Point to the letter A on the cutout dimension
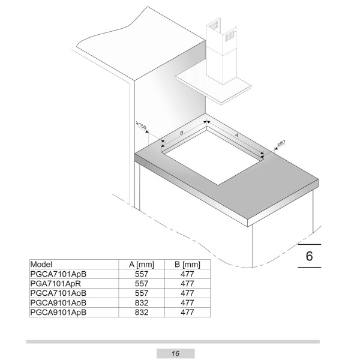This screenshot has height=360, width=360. point(237,135)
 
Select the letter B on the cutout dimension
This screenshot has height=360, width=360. point(182,133)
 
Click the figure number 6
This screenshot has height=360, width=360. point(309,256)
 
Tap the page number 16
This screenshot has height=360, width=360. point(175,353)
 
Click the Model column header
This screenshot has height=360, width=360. point(41,264)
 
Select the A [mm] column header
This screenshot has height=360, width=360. point(142,265)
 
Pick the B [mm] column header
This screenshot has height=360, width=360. point(187,265)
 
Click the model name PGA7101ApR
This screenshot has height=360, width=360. point(56,284)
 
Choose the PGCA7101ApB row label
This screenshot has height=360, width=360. point(58,274)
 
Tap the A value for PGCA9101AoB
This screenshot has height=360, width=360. point(142,303)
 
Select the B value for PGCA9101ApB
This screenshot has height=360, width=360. point(187,312)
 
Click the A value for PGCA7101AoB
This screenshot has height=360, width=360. point(142,293)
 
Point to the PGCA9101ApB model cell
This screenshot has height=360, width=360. point(58,312)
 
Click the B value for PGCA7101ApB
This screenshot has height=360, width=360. point(187,274)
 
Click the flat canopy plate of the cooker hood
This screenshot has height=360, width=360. point(213,88)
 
